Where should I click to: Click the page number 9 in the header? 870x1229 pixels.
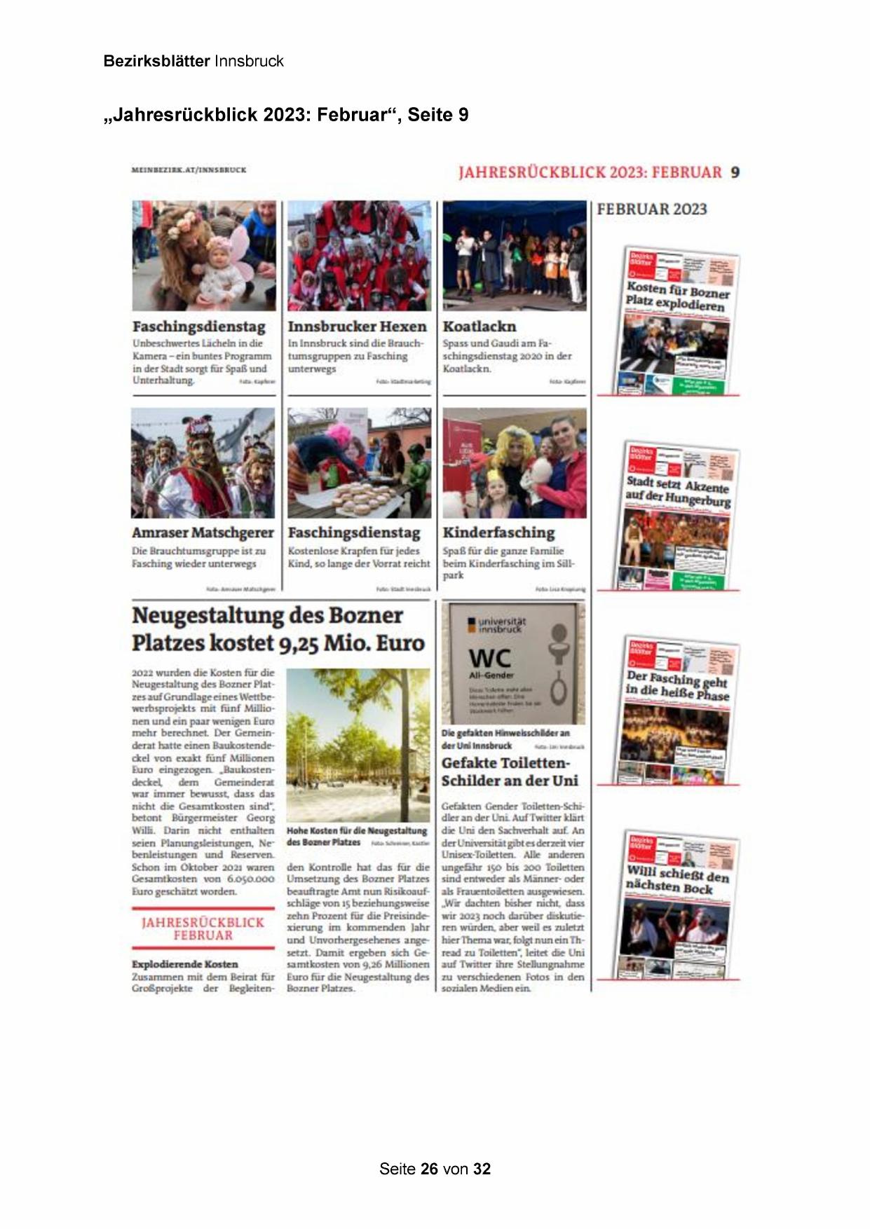(x=735, y=172)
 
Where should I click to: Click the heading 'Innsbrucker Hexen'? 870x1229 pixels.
(x=357, y=327)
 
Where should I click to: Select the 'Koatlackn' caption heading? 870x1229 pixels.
(x=480, y=327)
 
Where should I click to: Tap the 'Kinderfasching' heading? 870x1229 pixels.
(x=498, y=533)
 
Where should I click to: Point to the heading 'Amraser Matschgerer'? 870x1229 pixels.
(x=201, y=533)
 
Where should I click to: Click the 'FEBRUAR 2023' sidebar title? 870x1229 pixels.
(x=652, y=209)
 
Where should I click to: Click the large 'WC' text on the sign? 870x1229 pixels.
(x=490, y=659)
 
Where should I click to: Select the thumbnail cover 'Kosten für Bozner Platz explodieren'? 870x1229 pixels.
(x=679, y=322)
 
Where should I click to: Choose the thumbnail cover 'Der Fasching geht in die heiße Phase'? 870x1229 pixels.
(x=679, y=711)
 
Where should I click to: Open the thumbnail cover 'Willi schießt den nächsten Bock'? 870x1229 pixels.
(x=679, y=905)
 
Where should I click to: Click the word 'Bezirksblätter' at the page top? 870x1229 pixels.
(x=156, y=61)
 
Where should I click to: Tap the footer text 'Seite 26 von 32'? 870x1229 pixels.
(x=435, y=1169)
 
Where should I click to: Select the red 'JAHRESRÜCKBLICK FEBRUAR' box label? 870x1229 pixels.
(x=203, y=928)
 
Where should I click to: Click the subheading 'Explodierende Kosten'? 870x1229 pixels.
(x=185, y=964)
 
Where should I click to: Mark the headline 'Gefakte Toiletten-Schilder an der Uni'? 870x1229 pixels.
(x=510, y=771)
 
